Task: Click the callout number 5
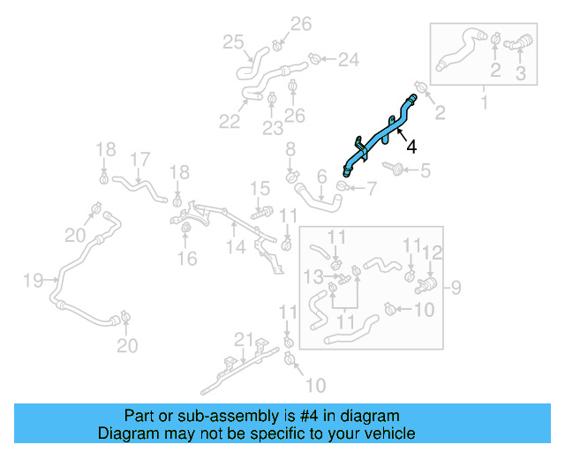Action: [426, 170]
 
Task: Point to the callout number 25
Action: [233, 41]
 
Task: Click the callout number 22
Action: [230, 122]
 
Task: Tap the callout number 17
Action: [139, 160]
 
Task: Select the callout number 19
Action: [33, 281]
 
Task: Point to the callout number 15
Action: [259, 187]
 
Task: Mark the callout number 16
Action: [186, 259]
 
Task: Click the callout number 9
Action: [456, 286]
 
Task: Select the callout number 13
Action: [311, 277]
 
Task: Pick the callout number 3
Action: [520, 74]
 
